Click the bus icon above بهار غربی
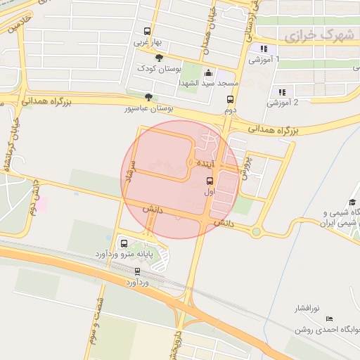pyautogui.click(x=146, y=31)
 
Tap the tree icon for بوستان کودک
pyautogui.click(x=159, y=58)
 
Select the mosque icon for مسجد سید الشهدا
pyautogui.click(x=208, y=72)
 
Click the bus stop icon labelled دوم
pyautogui.click(x=229, y=99)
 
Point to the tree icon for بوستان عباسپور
pyautogui.click(x=147, y=97)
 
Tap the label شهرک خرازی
pyautogui.click(x=307, y=34)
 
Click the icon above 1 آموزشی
pyautogui.click(x=264, y=49)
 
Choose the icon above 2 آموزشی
pyautogui.click(x=282, y=91)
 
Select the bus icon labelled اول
pyautogui.click(x=209, y=180)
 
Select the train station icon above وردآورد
pyautogui.click(x=137, y=271)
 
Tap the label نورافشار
pyautogui.click(x=307, y=308)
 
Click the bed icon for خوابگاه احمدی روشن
pyautogui.click(x=330, y=319)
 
